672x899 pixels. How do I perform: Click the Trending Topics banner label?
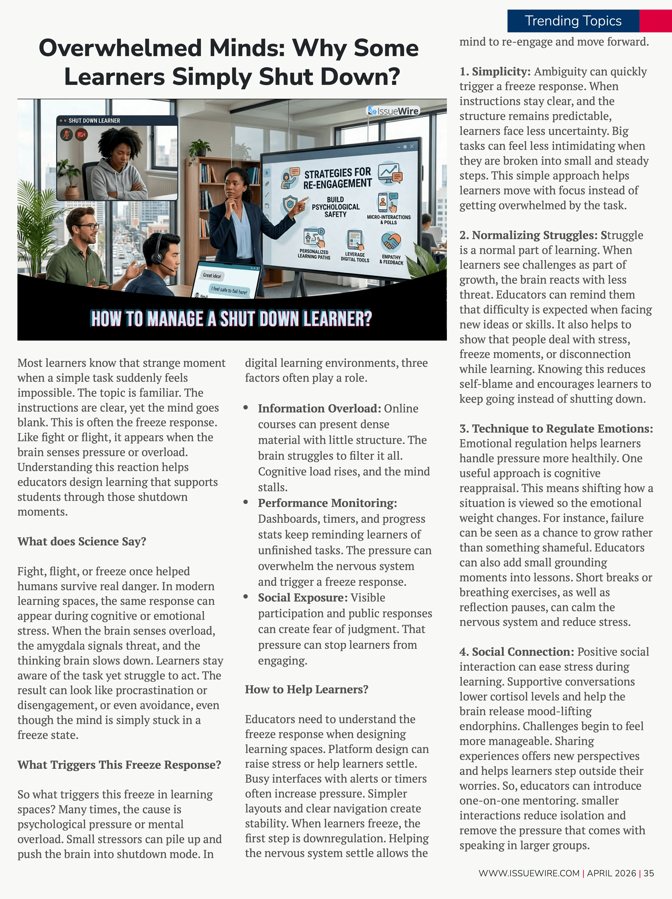[x=573, y=21]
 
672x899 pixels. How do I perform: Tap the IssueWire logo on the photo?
[x=393, y=111]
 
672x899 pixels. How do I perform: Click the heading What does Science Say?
[x=82, y=541]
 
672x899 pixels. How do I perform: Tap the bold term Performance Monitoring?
[x=327, y=503]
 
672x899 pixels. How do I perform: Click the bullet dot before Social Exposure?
[x=246, y=597]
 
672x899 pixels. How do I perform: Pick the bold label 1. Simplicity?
[x=495, y=71]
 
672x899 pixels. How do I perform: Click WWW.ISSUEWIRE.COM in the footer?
[x=529, y=873]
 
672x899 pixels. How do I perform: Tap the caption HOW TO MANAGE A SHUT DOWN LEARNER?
[x=231, y=319]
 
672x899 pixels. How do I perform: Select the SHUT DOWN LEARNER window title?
[x=94, y=121]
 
